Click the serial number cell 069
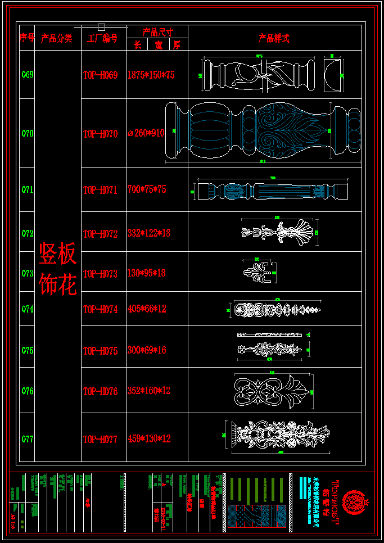(27, 75)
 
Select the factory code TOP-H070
(100, 134)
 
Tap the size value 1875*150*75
(151, 75)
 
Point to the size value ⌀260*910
(147, 133)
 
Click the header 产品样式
(274, 38)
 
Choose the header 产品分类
(57, 38)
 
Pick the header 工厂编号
(102, 39)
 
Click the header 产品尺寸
(157, 31)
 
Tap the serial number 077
(27, 439)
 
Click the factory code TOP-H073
(100, 274)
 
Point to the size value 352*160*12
(149, 391)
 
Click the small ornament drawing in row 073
(258, 273)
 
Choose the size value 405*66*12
(147, 309)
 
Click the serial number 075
(27, 350)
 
